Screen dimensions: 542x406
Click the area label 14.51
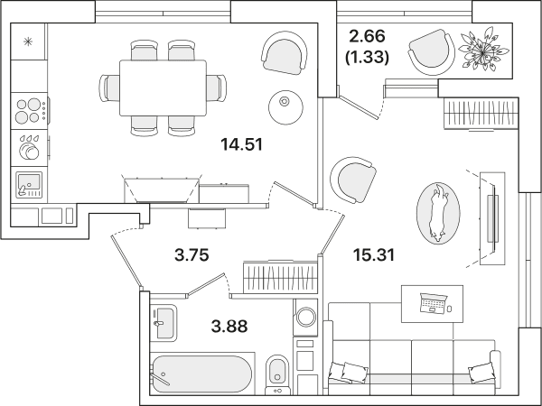[241, 144]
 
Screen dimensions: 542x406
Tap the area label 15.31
[374, 255]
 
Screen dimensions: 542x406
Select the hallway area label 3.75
[192, 255]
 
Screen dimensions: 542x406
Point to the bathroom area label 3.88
[229, 327]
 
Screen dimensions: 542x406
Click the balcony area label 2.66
[367, 36]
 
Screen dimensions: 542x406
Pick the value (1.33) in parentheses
[367, 57]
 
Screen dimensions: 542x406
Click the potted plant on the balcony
[483, 50]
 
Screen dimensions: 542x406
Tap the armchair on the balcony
[432, 51]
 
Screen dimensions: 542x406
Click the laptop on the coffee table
[434, 303]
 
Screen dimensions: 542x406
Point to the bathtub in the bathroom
[202, 374]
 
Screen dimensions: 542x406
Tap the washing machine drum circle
[306, 317]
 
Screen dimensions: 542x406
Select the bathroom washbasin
[164, 324]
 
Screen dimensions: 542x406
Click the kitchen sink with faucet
[29, 185]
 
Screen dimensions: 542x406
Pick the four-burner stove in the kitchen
[29, 111]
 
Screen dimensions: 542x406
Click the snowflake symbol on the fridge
[28, 42]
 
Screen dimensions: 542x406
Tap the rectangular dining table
[163, 88]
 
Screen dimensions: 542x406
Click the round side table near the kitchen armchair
[285, 107]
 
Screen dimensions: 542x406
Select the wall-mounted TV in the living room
[493, 218]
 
